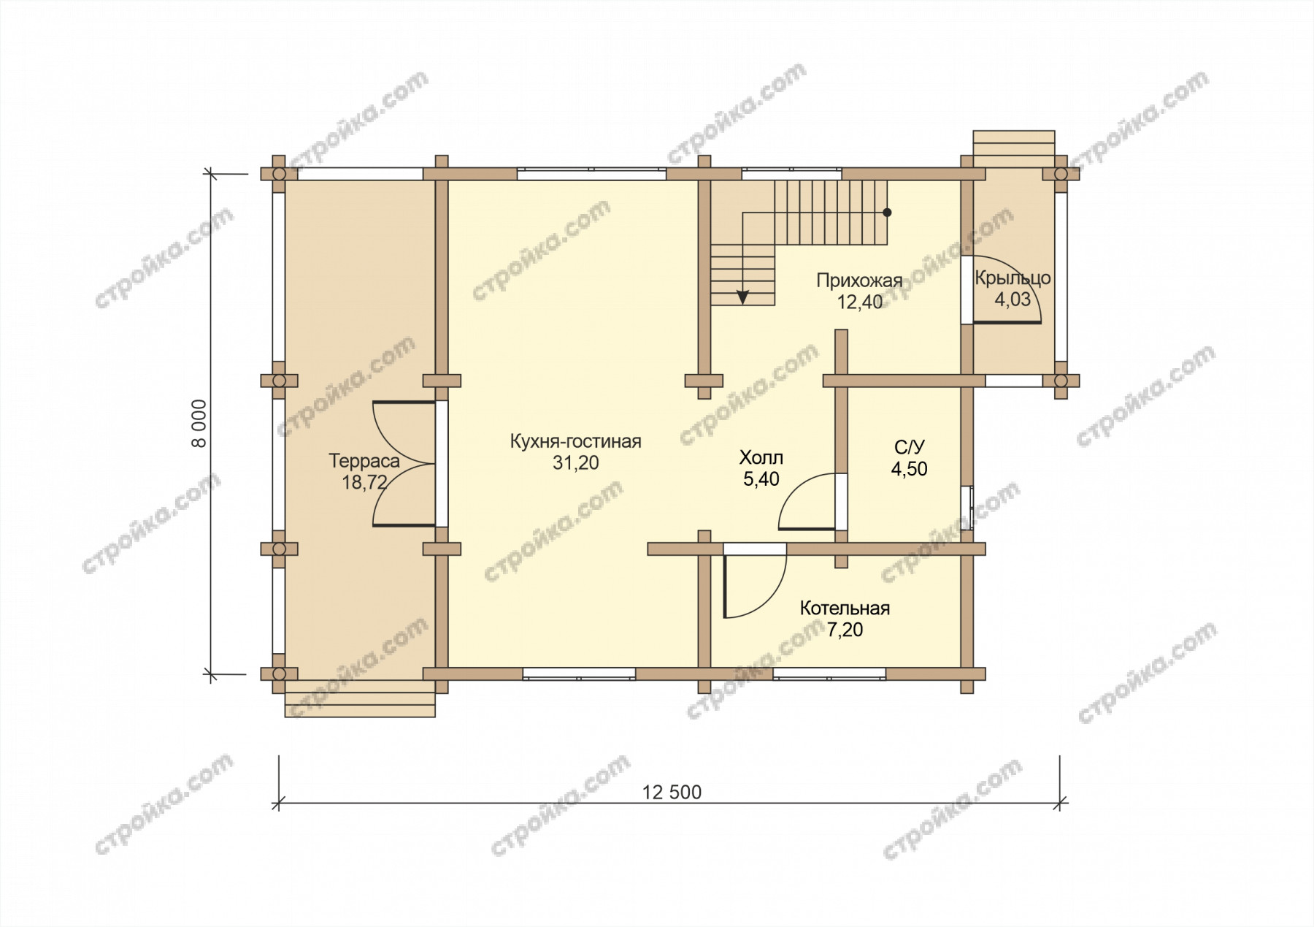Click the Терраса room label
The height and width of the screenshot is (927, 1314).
coord(364,461)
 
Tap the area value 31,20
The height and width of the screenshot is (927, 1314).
coord(575,463)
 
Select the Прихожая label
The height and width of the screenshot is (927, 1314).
coord(859,281)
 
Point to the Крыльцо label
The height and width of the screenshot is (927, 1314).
coord(1013,278)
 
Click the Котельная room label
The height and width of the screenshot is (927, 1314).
coord(845,609)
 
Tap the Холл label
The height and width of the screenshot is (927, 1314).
coord(761,458)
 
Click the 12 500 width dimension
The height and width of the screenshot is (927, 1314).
coord(672,792)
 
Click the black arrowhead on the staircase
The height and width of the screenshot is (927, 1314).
coord(742,297)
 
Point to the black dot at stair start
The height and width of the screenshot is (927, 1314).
coord(887,213)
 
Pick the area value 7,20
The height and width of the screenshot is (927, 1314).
coord(845,629)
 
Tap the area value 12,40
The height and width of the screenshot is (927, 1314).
coord(860,302)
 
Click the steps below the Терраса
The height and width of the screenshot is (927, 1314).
coord(360,699)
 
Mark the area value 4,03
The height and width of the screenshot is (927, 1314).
coord(1013,300)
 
